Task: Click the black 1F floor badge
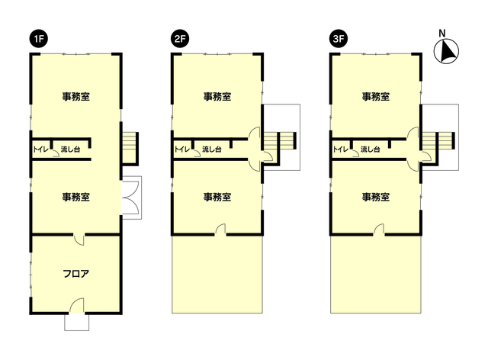(x=39, y=39)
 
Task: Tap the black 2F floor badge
(x=180, y=39)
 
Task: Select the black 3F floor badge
(x=339, y=39)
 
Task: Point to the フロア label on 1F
(x=76, y=274)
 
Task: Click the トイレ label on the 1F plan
(x=41, y=149)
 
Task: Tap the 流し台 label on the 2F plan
(x=212, y=149)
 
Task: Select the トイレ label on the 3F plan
(x=341, y=149)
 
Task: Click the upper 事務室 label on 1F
(x=76, y=97)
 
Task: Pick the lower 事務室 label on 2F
(x=217, y=197)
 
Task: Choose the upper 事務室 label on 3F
(x=376, y=97)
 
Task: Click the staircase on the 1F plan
(x=130, y=148)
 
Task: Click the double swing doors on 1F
(x=130, y=198)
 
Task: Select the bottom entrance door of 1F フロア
(x=76, y=306)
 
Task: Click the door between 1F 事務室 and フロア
(x=79, y=239)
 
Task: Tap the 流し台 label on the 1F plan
(x=70, y=149)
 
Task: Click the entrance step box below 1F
(x=76, y=322)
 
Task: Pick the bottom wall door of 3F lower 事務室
(x=379, y=229)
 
